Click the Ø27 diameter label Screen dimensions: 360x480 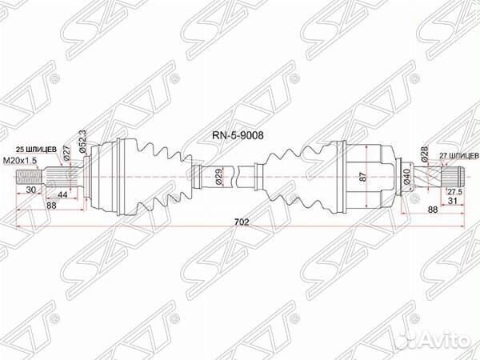click(x=68, y=154)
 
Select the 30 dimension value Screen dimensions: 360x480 click(x=30, y=190)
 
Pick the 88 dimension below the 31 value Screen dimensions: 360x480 click(x=434, y=210)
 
